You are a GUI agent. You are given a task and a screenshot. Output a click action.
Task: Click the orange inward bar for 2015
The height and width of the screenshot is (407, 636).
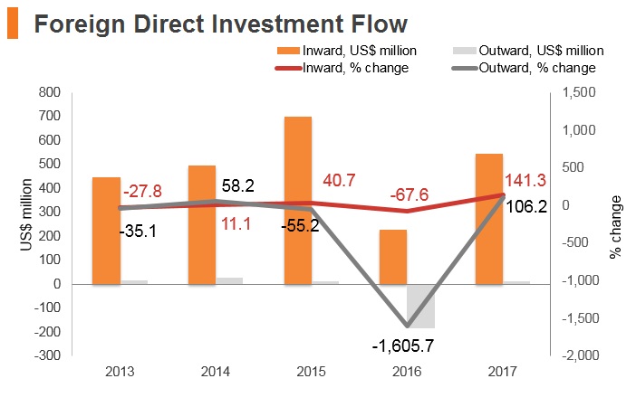coord(298,201)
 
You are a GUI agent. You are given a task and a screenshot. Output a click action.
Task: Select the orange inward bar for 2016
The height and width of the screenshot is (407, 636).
coord(393,257)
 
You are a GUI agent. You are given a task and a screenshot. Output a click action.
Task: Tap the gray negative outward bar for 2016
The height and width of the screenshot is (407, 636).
coord(421,307)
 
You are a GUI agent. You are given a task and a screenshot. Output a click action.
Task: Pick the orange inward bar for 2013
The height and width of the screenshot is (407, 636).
coord(106,231)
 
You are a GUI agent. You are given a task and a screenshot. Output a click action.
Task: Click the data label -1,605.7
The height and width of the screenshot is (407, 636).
coord(403,345)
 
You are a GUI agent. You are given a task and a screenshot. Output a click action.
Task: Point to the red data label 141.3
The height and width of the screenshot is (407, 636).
coord(525,180)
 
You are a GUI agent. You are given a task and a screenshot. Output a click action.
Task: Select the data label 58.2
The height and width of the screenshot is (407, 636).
coord(238,186)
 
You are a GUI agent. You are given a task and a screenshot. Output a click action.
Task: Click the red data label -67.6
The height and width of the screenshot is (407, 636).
coord(410,194)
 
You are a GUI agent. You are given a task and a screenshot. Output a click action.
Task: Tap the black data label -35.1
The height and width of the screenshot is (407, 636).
coord(138,232)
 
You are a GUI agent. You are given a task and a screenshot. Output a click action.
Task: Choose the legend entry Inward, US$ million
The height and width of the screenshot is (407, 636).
coord(347,51)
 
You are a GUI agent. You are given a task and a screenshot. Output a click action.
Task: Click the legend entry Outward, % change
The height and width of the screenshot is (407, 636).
coord(524,68)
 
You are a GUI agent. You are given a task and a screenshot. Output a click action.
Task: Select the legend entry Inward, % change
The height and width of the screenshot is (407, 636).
coord(342,68)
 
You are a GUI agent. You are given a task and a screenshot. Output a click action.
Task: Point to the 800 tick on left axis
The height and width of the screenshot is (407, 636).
coord(50,92)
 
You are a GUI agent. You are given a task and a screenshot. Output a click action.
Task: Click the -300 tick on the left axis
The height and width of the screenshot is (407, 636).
coord(47,355)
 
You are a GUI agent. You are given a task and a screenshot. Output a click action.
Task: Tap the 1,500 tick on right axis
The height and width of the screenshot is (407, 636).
coord(579,92)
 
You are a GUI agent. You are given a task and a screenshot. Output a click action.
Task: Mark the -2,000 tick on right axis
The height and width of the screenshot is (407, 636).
coord(581,355)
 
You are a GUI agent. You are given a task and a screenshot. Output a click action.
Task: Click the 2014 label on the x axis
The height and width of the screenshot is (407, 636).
coord(216,372)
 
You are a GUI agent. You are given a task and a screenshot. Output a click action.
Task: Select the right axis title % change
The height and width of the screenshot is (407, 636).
coord(615,227)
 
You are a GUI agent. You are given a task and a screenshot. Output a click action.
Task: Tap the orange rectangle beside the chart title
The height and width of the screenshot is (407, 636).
coord(13,24)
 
